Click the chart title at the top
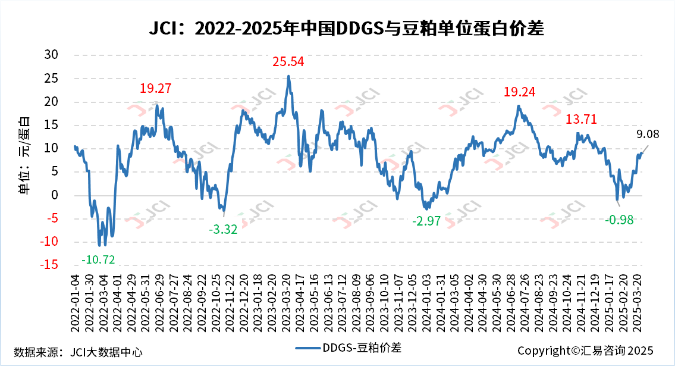337,28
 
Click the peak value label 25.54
288,61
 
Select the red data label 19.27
156,89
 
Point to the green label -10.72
98,259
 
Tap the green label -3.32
223,229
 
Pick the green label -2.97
426,221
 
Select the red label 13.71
581,119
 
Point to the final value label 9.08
647,134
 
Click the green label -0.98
619,220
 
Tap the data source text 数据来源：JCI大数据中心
78,351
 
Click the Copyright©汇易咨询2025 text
585,351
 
